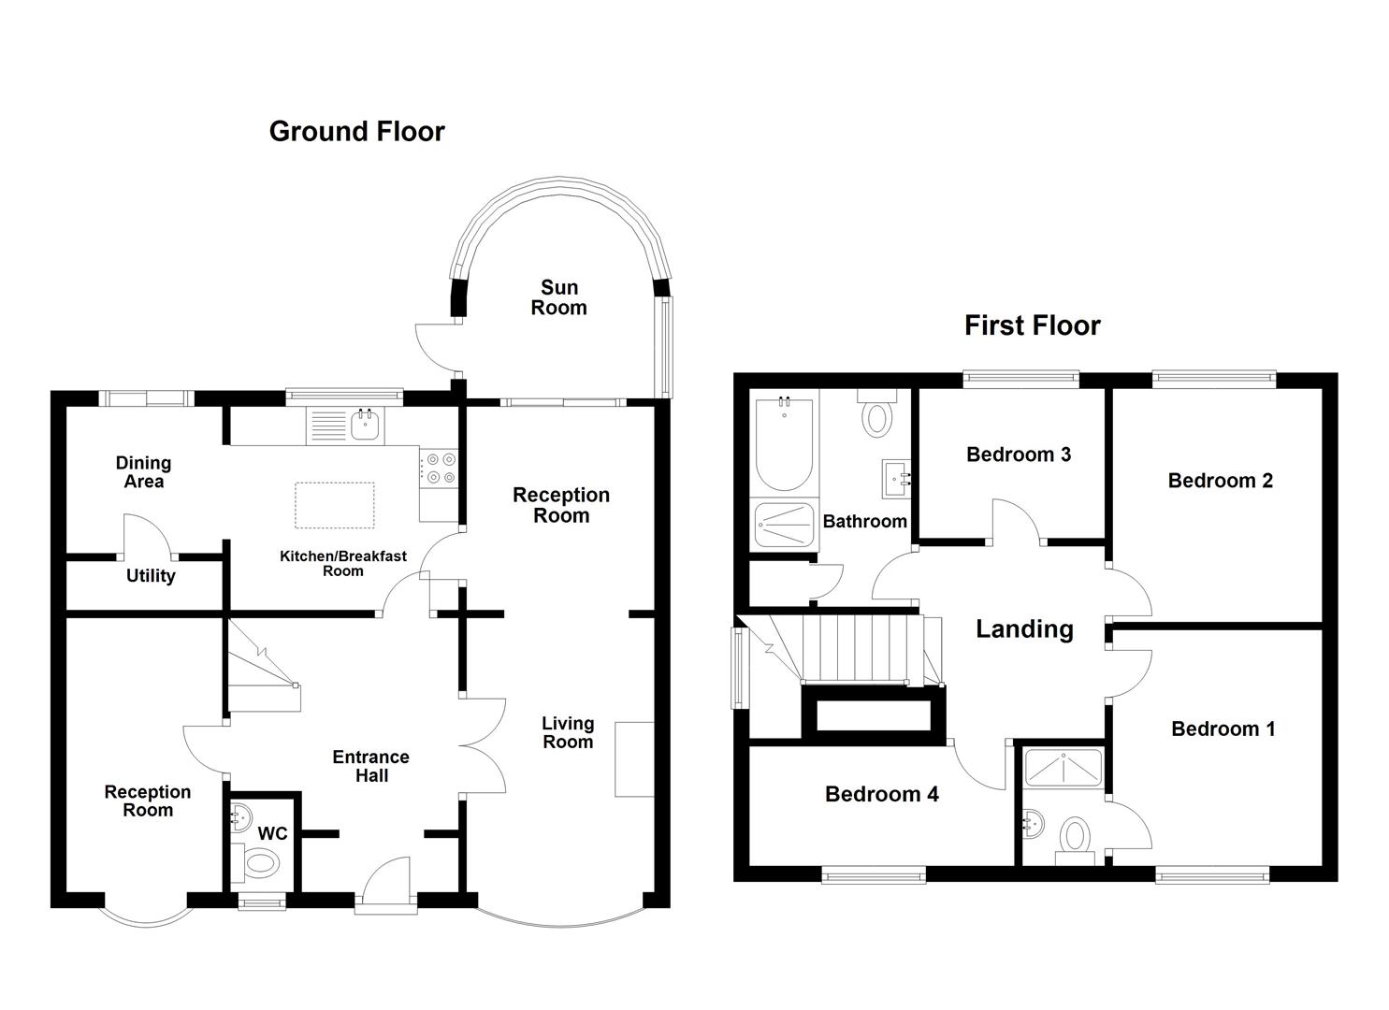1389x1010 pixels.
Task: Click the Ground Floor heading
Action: [356, 132]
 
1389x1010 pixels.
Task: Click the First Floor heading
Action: [1032, 325]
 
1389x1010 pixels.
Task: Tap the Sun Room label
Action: [559, 297]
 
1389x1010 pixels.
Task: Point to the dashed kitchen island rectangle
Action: [335, 505]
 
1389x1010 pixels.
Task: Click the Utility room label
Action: [151, 576]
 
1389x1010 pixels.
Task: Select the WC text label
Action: [272, 833]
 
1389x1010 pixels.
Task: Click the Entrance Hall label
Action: [370, 766]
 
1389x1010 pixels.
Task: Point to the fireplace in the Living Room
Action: [634, 758]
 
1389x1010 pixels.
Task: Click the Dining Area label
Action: [143, 472]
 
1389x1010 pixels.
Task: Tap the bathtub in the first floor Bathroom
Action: [783, 444]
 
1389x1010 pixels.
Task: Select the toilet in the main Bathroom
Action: [876, 414]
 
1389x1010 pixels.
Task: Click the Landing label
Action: [1024, 629]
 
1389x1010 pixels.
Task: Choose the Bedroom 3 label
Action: [1018, 454]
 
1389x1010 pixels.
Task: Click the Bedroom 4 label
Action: [881, 795]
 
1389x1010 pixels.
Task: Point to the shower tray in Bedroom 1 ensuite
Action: [1063, 767]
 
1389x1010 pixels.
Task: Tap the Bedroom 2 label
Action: [1220, 481]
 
